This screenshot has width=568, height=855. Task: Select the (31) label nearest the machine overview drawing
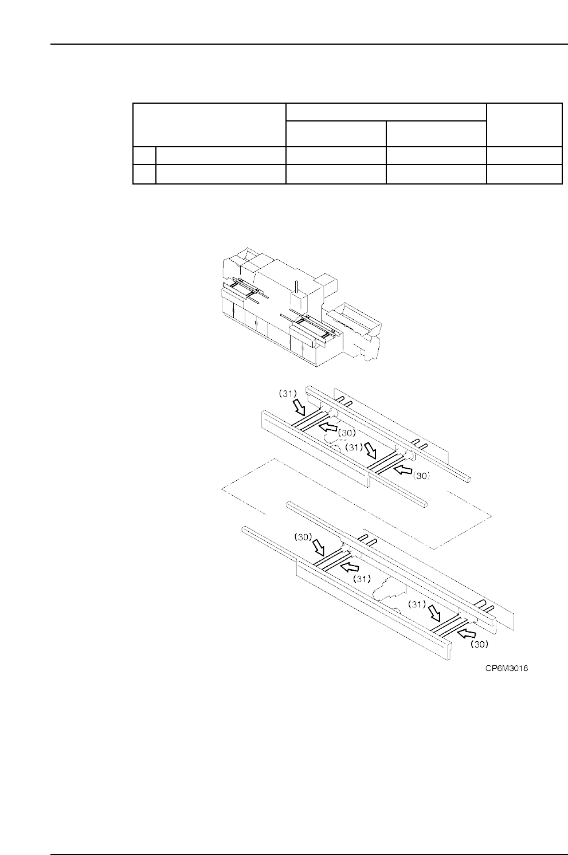click(x=288, y=394)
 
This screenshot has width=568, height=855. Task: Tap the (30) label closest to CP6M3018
click(x=479, y=644)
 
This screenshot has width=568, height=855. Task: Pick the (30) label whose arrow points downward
click(x=303, y=538)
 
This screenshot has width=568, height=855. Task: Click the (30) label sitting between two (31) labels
click(x=347, y=433)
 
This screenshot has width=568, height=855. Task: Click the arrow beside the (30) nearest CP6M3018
click(x=466, y=633)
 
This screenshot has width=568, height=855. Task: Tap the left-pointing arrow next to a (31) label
click(x=349, y=567)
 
